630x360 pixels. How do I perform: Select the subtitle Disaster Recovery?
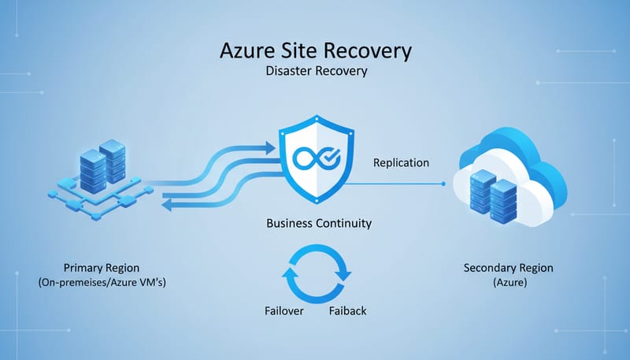[317, 72]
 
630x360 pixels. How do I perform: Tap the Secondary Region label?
[509, 268]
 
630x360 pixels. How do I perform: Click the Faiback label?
[346, 310]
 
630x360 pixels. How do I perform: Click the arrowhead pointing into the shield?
[270, 146]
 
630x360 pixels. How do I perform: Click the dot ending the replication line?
[444, 184]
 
